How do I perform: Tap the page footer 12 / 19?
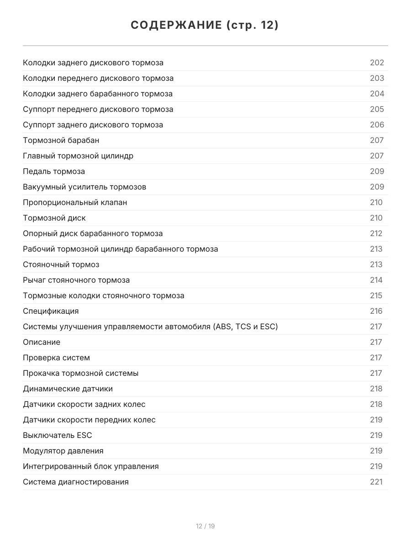205,526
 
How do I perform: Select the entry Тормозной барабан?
61,140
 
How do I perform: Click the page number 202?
377,63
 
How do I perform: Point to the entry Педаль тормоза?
54,171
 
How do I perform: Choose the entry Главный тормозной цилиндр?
78,156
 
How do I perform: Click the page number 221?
376,482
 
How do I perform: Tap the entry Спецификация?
51,311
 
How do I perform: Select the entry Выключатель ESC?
58,435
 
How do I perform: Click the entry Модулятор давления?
63,451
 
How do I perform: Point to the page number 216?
376,311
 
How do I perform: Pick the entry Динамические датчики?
68,389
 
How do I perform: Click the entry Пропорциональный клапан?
75,202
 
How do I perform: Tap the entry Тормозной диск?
54,218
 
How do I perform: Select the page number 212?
376,233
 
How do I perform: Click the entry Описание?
42,342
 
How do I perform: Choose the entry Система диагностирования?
76,482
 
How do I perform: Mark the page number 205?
377,109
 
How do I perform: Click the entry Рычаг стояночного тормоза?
76,280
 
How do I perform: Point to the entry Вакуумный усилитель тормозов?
84,187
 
